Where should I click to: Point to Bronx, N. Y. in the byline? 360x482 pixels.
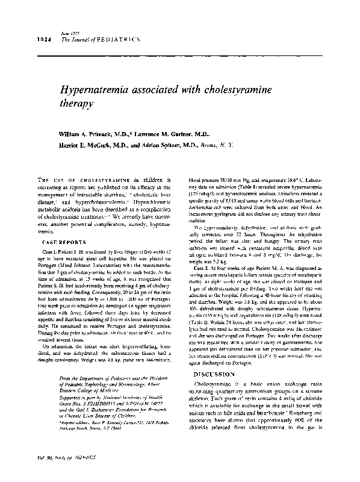click(215, 145)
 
